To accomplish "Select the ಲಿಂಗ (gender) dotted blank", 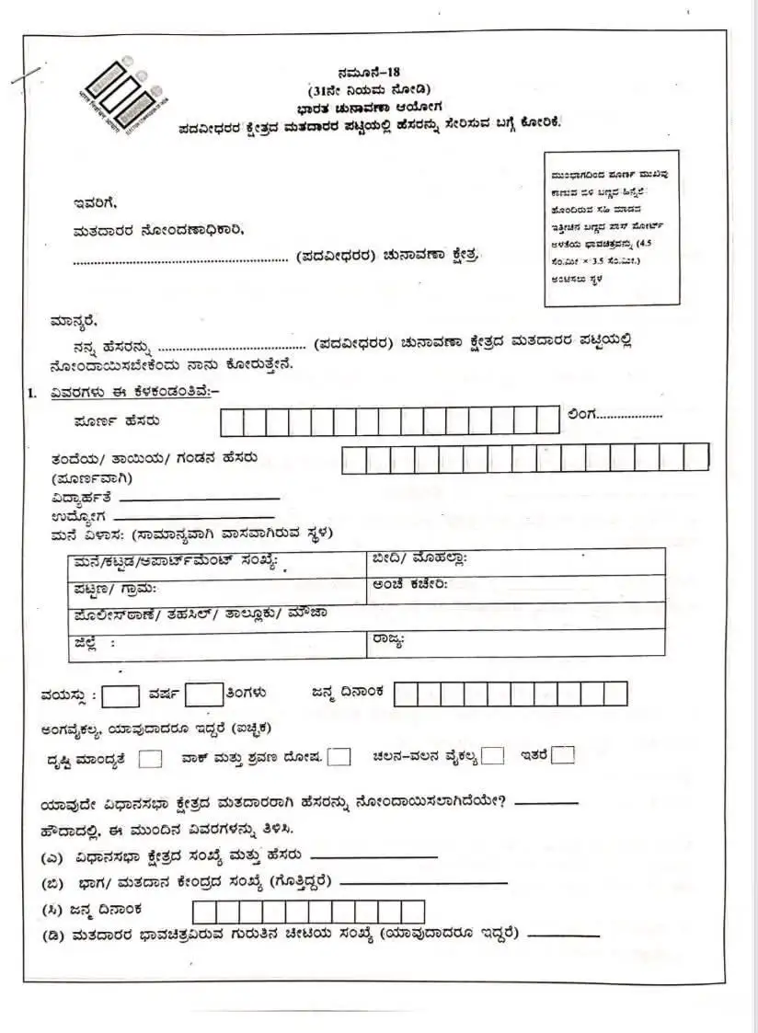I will (x=629, y=417).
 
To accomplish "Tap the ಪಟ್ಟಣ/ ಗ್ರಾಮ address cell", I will (x=217, y=589).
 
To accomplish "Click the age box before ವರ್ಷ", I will (x=121, y=695).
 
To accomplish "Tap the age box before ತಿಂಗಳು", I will (x=203, y=695).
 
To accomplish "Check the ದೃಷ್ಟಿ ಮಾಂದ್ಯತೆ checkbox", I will (x=152, y=759).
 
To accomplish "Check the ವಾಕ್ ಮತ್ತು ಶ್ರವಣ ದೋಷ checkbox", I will (x=339, y=757).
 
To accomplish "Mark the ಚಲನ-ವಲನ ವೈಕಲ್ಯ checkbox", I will (x=493, y=756).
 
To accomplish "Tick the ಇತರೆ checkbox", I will (x=563, y=755).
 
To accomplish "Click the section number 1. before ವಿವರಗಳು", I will (x=31, y=393).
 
